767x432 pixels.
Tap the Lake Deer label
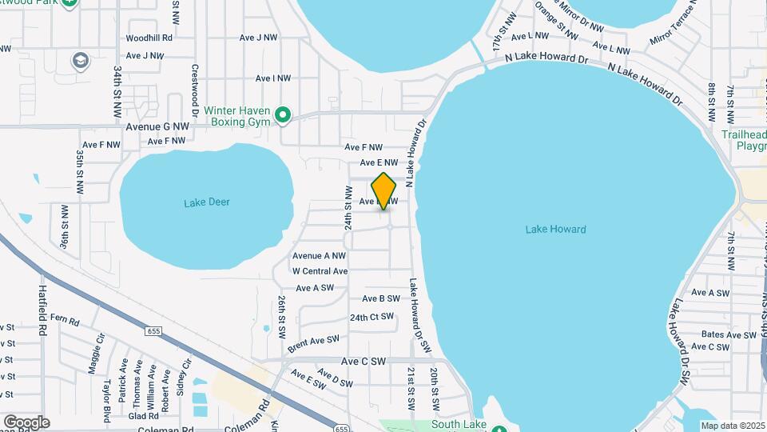coord(207,202)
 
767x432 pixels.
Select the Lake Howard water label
coord(555,230)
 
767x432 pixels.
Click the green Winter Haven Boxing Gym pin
coord(282,116)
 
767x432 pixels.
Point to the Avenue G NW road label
coord(157,126)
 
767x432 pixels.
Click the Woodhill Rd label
coord(149,38)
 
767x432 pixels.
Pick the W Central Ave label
coord(320,271)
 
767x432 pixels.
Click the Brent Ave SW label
coord(314,341)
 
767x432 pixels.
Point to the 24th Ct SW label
coord(372,317)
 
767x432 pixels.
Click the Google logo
coord(26,422)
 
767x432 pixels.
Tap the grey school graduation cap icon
coord(80,60)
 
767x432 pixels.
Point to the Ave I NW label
coord(272,78)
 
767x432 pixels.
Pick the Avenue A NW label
coord(319,256)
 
